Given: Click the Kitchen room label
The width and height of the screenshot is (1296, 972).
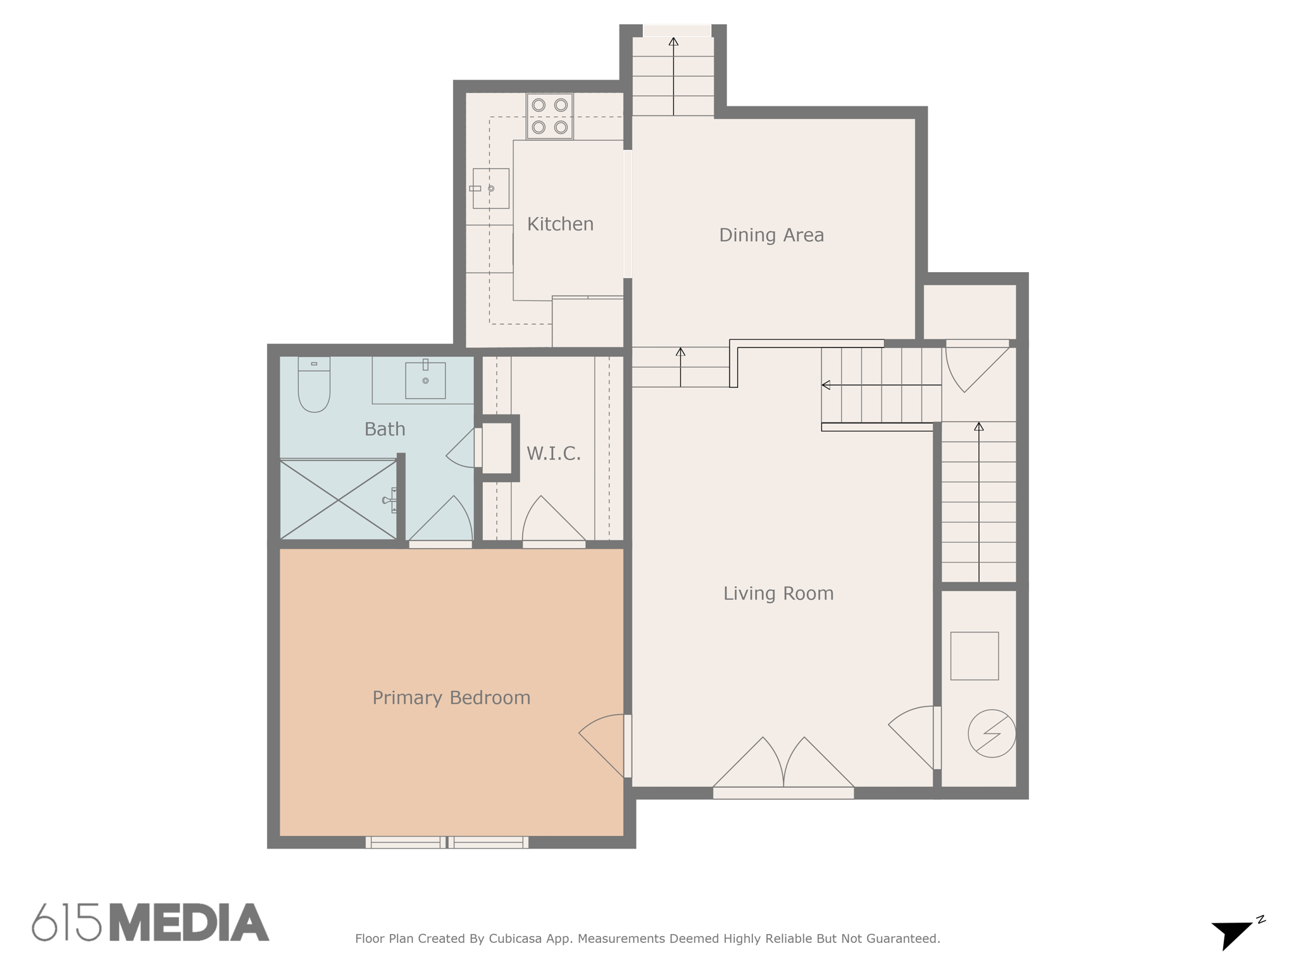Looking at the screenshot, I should pos(560,224).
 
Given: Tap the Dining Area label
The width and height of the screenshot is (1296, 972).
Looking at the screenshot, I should pos(771,235).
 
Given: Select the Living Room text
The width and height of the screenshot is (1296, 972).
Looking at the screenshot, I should pos(778,594).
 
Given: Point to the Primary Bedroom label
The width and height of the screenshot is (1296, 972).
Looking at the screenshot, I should pos(451,698).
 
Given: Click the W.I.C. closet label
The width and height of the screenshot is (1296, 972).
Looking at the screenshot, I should pos(554,453).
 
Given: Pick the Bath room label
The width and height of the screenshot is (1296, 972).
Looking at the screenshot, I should pos(385,429).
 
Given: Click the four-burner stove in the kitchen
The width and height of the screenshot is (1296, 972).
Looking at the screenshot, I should pos(550,116).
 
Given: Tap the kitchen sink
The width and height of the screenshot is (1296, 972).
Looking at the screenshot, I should pos(491,189).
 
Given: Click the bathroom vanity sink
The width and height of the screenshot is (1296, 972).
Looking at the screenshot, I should pos(425,380).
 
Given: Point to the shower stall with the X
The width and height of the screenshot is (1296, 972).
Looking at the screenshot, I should pos(339,500).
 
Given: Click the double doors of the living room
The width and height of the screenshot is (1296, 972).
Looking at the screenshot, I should pos(783,766).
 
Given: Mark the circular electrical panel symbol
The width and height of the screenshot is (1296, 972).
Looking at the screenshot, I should pos(992,733).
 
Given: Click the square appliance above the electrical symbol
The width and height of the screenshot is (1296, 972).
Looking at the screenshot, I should pos(975,656).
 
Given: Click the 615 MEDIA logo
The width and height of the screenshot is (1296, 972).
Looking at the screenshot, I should pos(151,923).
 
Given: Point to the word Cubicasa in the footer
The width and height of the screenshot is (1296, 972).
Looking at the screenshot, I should pos(514,938).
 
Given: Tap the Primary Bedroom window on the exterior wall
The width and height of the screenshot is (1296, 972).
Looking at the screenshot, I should pos(447,842).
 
